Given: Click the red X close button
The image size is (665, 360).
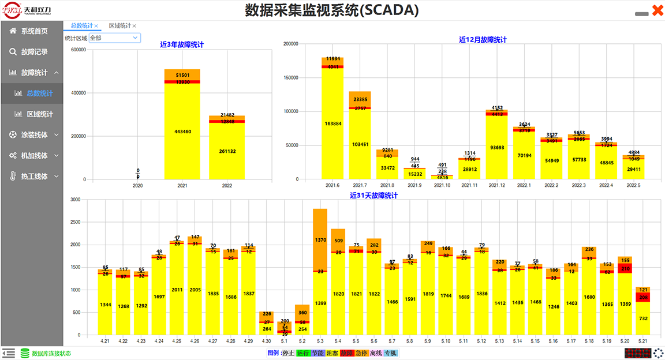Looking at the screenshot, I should coord(657,10).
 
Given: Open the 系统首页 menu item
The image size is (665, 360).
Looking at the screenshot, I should coord(34,31).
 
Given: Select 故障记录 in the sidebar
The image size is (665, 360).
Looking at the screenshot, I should coord(34,52).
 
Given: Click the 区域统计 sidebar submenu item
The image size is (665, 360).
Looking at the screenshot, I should coord(39,114).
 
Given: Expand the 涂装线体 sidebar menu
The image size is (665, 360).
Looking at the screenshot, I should coord(34,135).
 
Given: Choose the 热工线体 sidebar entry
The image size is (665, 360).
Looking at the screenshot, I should coord(34,177).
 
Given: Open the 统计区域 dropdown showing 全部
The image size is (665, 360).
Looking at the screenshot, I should coord(114,38).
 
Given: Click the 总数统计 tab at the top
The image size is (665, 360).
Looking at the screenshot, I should coord(81,26).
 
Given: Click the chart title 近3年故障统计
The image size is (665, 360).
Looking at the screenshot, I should coord(182,44).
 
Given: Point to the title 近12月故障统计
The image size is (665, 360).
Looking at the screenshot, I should coord(483,40).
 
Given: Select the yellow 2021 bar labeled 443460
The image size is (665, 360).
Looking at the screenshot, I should coord(182,132).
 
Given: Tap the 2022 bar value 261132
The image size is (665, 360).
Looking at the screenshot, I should coord(227,151).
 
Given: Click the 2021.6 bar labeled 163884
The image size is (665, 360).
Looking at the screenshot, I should coord(332,124).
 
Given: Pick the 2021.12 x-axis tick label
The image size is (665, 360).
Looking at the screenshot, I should coord(496,185).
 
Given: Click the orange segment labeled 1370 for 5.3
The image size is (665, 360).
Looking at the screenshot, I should coord(320,239).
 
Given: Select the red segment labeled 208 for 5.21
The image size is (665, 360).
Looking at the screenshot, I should coord(643,297).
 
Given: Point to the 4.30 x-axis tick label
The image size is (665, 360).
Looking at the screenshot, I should coord(266,341).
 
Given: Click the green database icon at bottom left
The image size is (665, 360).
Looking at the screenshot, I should coord(25,353).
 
